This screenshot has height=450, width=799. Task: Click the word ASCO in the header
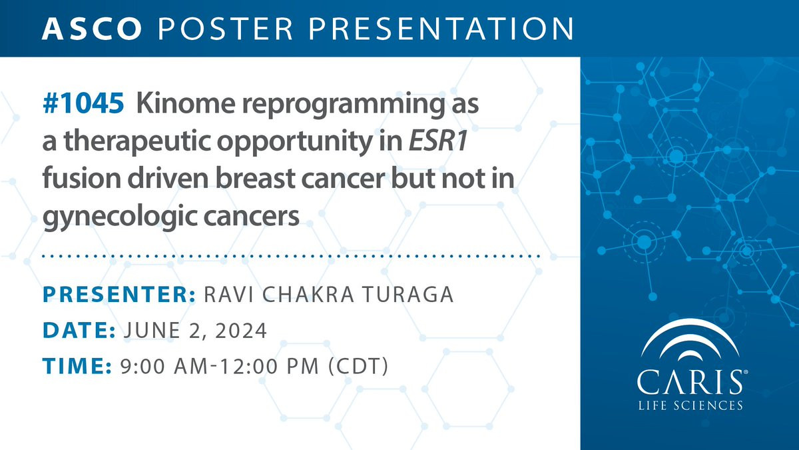[x=92, y=29]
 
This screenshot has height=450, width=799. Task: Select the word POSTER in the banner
[x=226, y=29]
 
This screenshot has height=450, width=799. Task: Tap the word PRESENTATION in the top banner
[x=441, y=29]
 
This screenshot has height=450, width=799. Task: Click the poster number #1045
[x=83, y=103]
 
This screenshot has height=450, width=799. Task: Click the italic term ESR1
[x=438, y=141]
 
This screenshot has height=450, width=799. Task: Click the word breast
[x=255, y=178]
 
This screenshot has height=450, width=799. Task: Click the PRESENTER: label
[x=119, y=294]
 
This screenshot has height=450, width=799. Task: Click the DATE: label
[x=79, y=330]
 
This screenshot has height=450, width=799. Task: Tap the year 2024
[x=241, y=330]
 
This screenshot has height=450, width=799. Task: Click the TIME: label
[x=77, y=366]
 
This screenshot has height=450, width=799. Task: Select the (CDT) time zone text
[x=358, y=366]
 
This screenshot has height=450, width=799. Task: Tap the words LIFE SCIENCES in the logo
[x=690, y=406]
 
